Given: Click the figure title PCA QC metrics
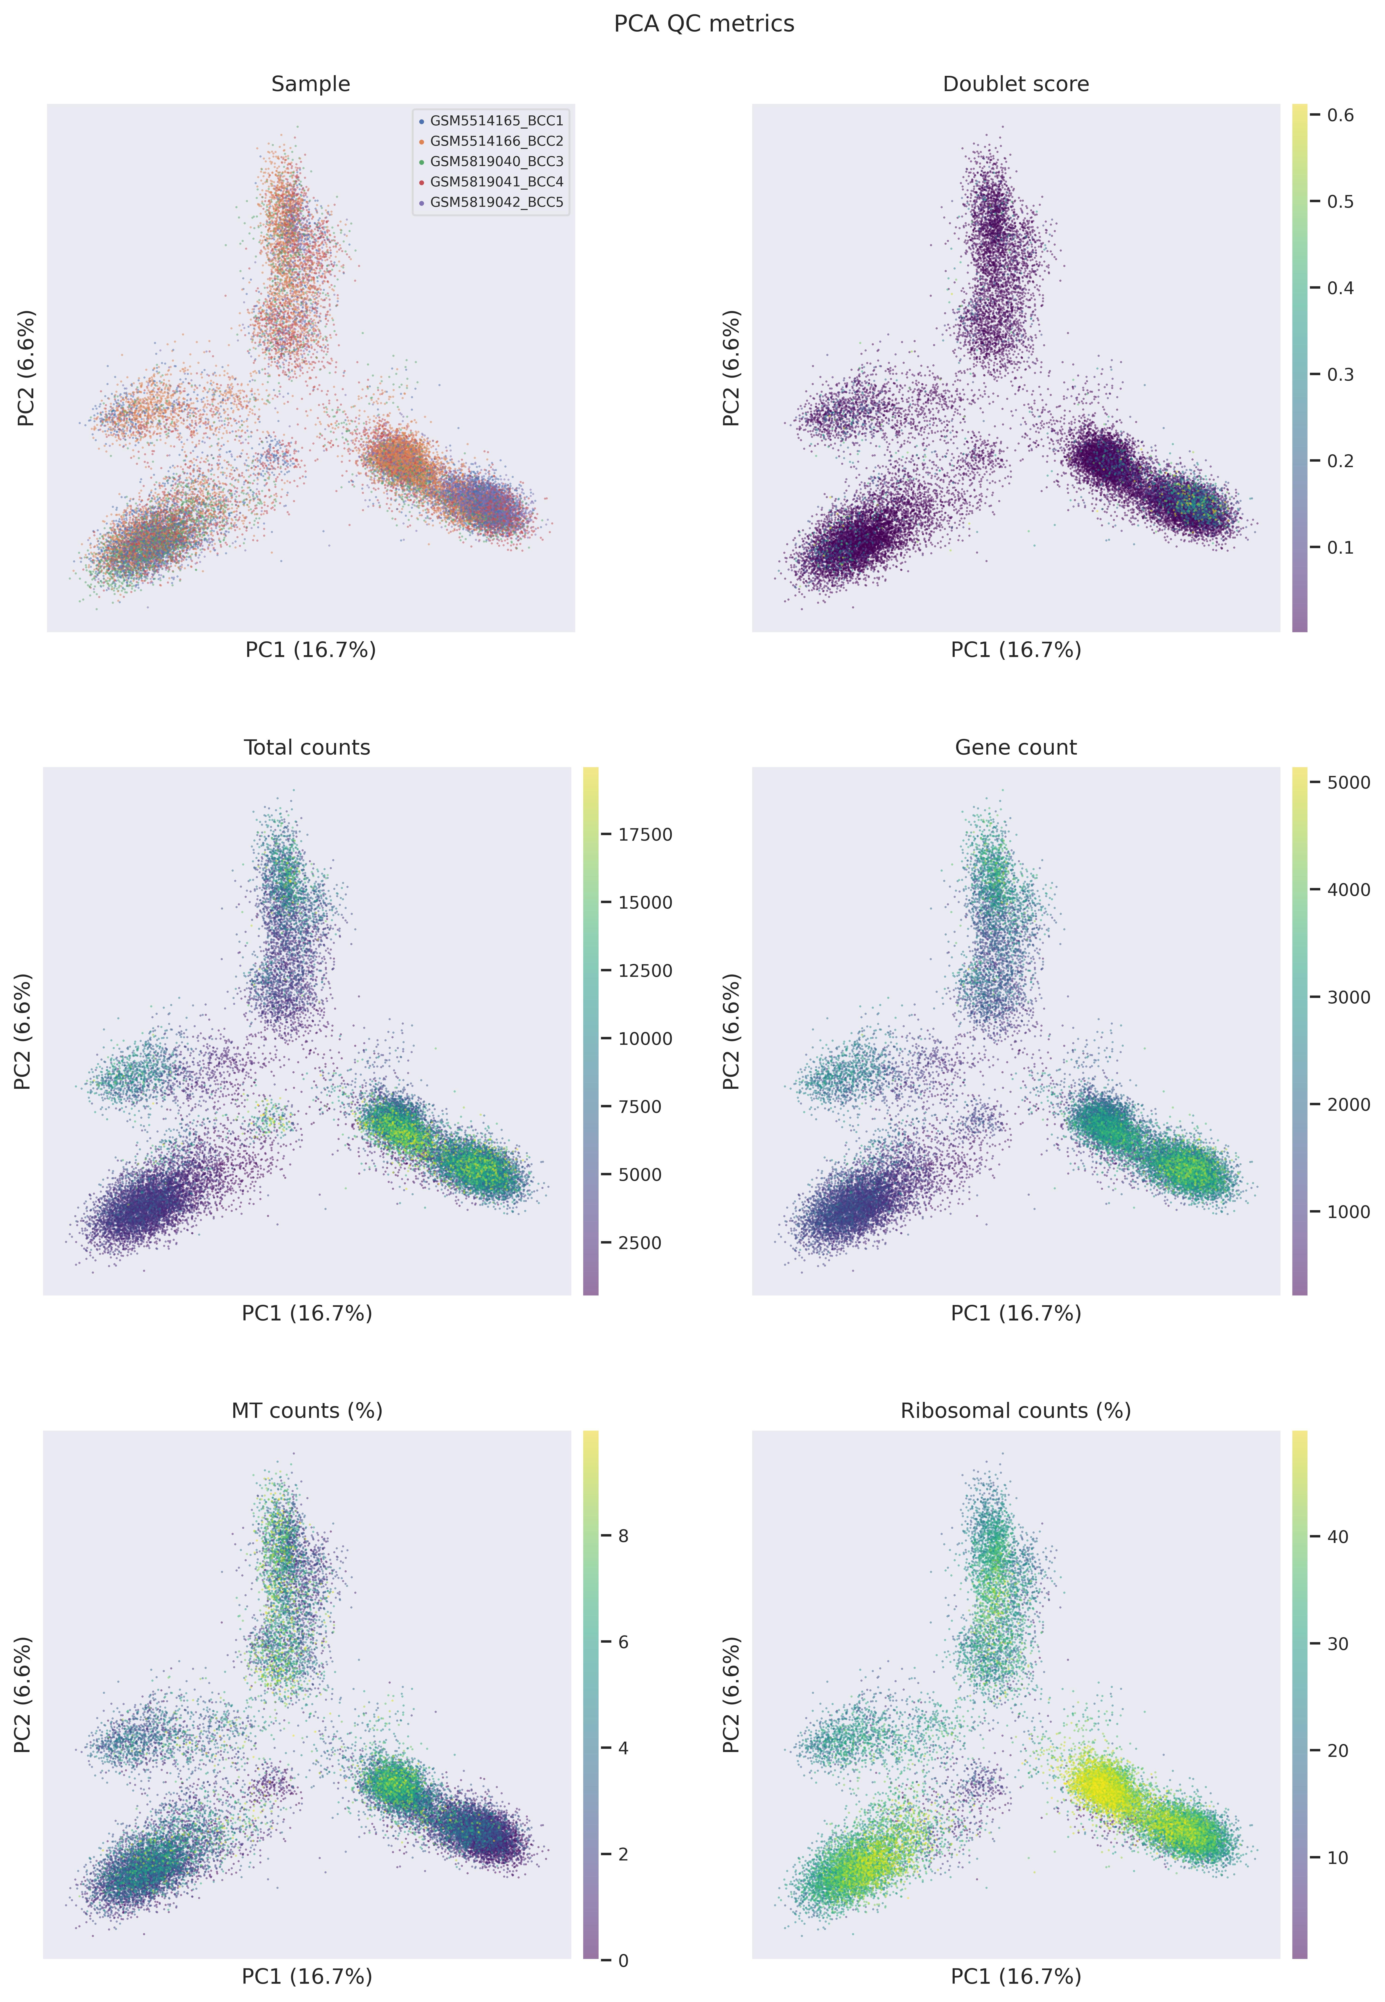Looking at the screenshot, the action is tap(704, 23).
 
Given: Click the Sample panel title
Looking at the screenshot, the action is tap(311, 84).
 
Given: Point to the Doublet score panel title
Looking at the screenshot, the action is tap(1015, 84).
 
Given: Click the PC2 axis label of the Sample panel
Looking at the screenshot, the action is tap(27, 368).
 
